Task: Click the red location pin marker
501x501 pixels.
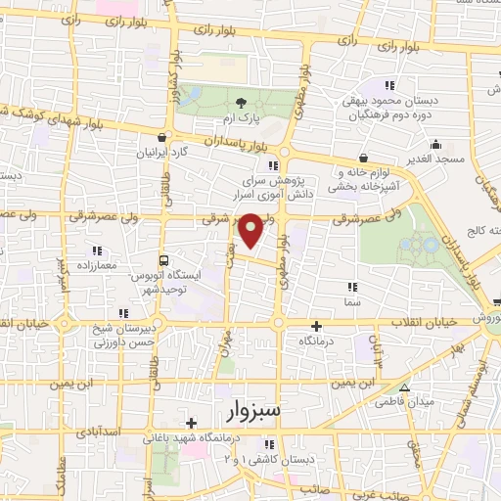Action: coord(251,230)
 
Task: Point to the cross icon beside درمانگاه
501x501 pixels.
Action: coord(316,326)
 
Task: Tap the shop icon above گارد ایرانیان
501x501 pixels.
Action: coord(161,138)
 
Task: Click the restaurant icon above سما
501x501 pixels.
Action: coord(352,287)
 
